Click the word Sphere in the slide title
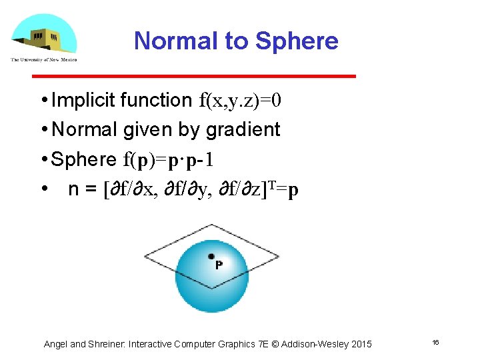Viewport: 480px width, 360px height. click(x=297, y=41)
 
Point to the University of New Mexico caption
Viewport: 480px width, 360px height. click(x=44, y=60)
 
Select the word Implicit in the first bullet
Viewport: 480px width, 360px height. click(x=84, y=100)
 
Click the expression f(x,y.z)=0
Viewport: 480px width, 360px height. click(x=241, y=101)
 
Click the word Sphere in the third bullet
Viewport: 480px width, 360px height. click(x=84, y=159)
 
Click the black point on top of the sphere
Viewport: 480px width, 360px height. click(x=211, y=256)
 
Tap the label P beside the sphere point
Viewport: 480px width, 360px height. click(x=219, y=265)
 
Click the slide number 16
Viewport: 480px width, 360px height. click(x=435, y=343)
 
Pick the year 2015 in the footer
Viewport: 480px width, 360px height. click(x=361, y=344)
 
